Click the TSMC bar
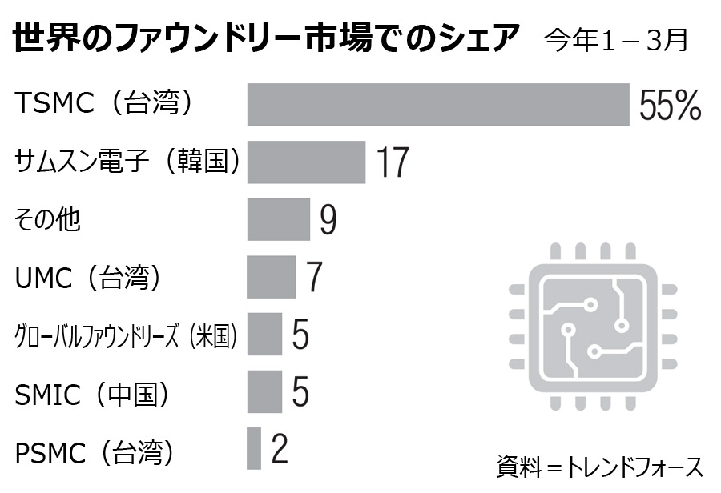[438, 104]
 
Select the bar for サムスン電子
[306, 162]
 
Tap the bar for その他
[278, 219]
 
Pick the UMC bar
[271, 277]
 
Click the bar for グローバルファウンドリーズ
[264, 334]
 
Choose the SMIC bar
[264, 391]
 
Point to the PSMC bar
[254, 449]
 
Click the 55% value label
[670, 105]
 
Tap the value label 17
[393, 162]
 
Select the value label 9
[328, 220]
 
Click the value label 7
[314, 277]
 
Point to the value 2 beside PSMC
[280, 449]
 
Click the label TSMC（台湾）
[105, 102]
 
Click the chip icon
[594, 327]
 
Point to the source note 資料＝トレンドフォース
[599, 466]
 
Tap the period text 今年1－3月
[615, 40]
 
